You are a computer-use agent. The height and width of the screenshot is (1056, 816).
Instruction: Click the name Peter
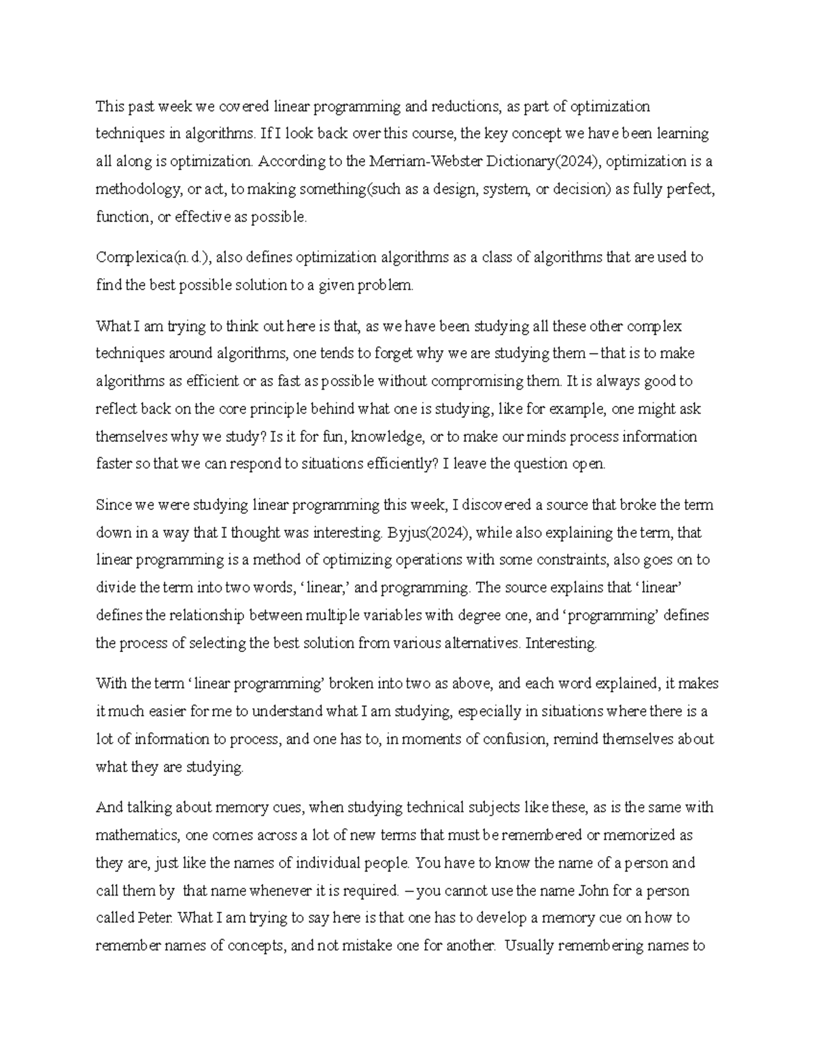pyautogui.click(x=157, y=918)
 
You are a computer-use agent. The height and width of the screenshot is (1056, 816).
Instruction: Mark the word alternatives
pyautogui.click(x=481, y=643)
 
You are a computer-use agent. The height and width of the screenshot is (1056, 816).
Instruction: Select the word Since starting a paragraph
pyautogui.click(x=113, y=505)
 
